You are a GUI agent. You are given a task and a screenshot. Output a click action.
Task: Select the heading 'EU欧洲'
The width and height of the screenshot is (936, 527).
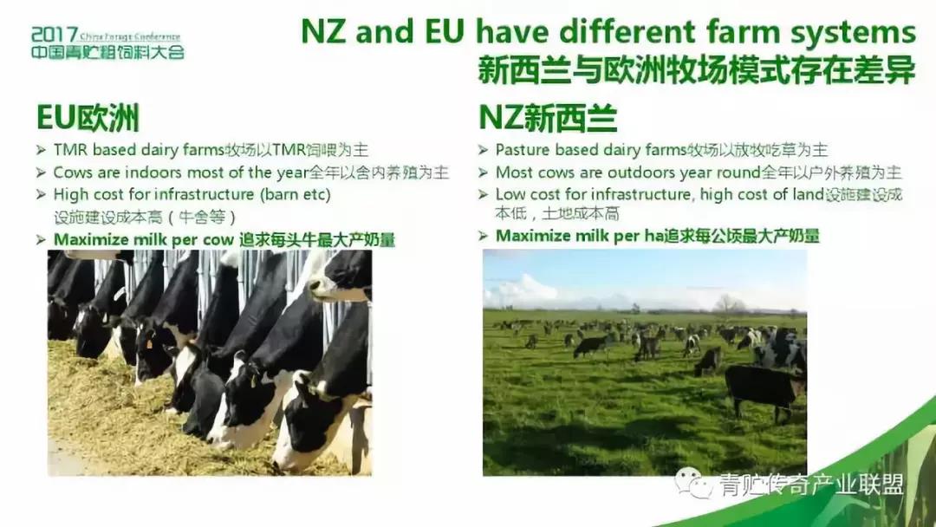[88, 117]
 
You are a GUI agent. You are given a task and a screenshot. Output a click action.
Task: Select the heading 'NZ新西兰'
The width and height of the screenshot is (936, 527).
[548, 117]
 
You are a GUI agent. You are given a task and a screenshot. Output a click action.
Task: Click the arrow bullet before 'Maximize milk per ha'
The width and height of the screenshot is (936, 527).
[484, 237]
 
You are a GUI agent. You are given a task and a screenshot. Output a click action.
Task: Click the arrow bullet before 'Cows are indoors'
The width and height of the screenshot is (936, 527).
[41, 172]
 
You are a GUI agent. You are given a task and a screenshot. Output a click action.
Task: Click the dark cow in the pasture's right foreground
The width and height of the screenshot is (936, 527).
[764, 389]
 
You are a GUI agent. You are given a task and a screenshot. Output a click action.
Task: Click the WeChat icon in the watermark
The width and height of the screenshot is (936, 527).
[693, 482]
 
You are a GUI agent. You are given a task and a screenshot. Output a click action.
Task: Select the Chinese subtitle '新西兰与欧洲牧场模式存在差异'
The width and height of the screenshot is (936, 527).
[696, 71]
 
